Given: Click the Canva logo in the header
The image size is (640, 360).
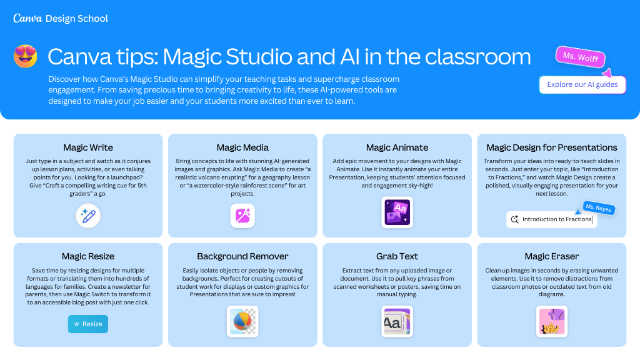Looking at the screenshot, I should pyautogui.click(x=27, y=18).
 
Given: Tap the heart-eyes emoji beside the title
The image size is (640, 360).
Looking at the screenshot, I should pyautogui.click(x=26, y=56).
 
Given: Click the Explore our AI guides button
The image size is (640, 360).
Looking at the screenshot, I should pyautogui.click(x=582, y=84).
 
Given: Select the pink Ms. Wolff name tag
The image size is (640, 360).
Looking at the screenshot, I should pyautogui.click(x=580, y=57).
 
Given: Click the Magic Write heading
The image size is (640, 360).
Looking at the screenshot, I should pyautogui.click(x=88, y=147).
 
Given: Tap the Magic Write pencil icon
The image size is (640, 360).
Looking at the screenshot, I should pyautogui.click(x=88, y=216).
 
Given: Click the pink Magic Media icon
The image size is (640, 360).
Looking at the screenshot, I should pyautogui.click(x=242, y=216).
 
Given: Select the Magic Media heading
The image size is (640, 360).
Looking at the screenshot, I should pyautogui.click(x=242, y=147).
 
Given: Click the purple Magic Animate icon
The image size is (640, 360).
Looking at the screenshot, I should pyautogui.click(x=397, y=212).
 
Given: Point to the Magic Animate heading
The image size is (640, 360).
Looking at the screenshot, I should pyautogui.click(x=397, y=147).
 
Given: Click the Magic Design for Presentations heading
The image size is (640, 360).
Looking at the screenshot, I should pyautogui.click(x=552, y=147).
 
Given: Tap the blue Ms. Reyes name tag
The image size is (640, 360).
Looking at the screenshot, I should pyautogui.click(x=598, y=207).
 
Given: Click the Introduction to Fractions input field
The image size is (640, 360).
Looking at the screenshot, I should pyautogui.click(x=552, y=219).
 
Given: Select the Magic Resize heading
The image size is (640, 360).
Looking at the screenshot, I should pyautogui.click(x=88, y=256).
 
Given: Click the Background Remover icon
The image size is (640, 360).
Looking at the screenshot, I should pyautogui.click(x=242, y=322).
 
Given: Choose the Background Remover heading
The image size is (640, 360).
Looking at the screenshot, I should pyautogui.click(x=242, y=256).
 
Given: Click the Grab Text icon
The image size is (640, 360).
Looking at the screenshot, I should pyautogui.click(x=397, y=322).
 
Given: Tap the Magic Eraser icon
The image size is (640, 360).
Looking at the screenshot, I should pyautogui.click(x=552, y=322).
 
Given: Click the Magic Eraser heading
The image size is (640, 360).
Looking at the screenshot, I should pyautogui.click(x=552, y=256).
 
